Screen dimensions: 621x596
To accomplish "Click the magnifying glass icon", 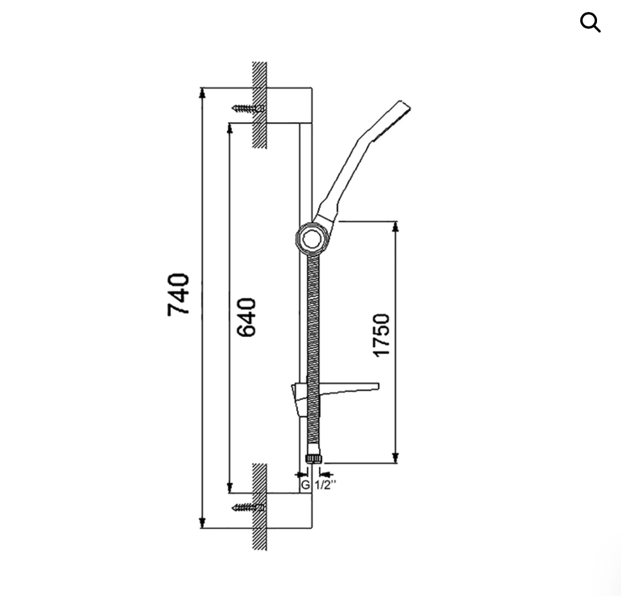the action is click(590, 22).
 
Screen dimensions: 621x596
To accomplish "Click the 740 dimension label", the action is click(178, 294).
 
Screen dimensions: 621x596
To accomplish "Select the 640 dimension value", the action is click(246, 317).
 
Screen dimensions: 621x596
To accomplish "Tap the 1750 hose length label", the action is click(382, 335).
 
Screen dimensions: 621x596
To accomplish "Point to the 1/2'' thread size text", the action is click(325, 484).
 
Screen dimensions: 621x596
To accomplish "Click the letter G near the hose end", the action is click(305, 484).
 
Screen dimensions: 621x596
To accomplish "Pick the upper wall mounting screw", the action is click(248, 108).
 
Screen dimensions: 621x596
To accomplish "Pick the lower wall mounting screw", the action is click(248, 507).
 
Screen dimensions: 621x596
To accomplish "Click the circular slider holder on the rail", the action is click(312, 238).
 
